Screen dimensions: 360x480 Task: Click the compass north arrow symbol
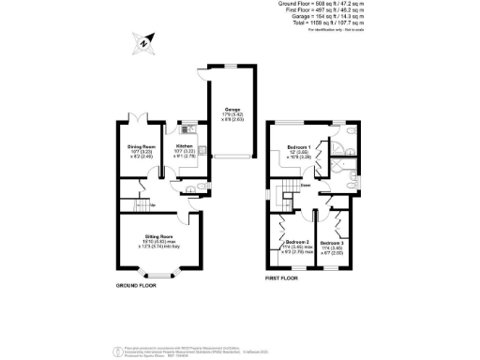(x=142, y=42)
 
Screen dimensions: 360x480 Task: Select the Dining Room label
(x=142, y=147)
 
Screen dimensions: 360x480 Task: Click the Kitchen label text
(x=184, y=147)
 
